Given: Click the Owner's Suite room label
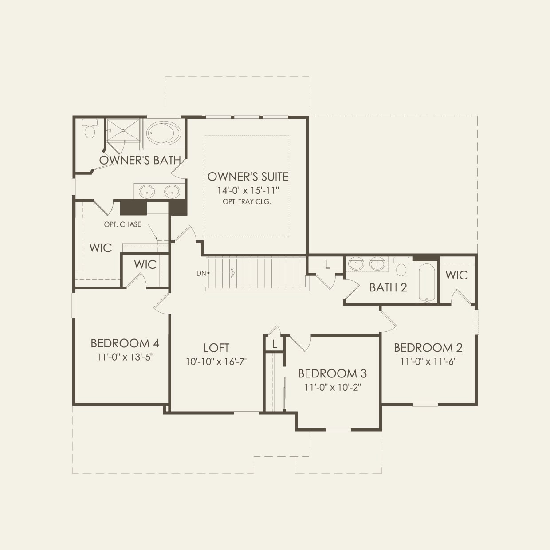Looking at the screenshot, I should (247, 177).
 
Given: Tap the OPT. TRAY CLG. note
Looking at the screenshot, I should (247, 202).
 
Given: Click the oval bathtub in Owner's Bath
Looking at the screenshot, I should (164, 133).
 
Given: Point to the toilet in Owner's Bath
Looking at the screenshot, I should (90, 130).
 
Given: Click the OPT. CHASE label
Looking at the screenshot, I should (122, 224).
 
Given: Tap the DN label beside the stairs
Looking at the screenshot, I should (201, 273).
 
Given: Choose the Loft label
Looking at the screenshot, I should (216, 348).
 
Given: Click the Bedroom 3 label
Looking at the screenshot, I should (332, 373).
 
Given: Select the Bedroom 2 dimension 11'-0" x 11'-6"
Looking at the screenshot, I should (428, 361).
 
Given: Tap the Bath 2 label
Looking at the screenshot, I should (388, 287).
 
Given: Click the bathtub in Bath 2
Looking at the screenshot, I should (427, 283).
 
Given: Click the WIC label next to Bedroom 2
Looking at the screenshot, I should (456, 275).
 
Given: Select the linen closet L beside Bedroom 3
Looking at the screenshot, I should (275, 344).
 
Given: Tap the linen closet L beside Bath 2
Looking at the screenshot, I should (327, 265).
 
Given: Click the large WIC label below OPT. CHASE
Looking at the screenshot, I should (101, 247).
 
